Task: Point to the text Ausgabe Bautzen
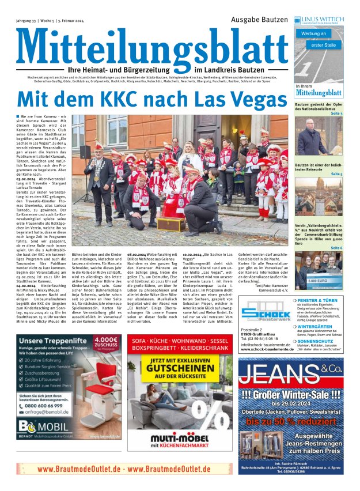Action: (x=259, y=19)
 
